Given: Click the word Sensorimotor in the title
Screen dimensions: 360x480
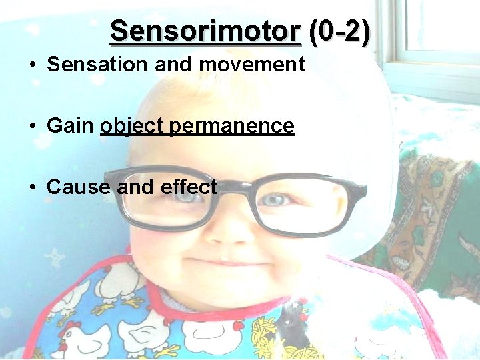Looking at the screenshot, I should click(205, 31).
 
